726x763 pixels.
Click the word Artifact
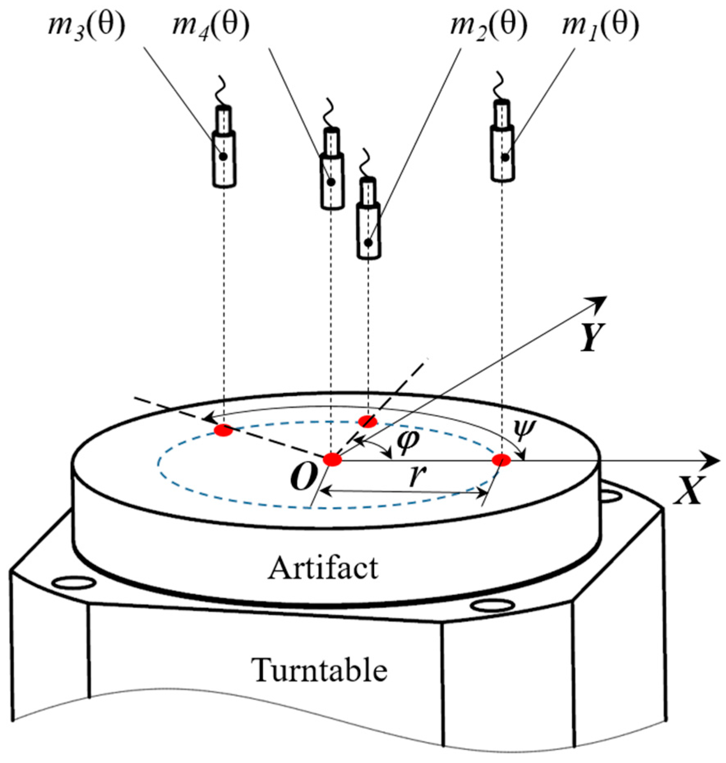323,568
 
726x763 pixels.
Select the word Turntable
319,670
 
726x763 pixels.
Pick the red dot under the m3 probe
223,430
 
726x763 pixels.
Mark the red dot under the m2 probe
368,421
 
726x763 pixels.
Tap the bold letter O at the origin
303,478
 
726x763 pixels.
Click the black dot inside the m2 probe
368,243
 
